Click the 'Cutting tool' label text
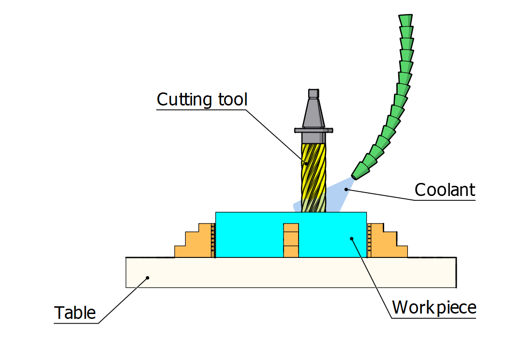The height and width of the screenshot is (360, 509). click(202, 100)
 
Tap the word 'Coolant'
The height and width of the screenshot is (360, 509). click(445, 190)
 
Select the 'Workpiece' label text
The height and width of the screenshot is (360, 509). click(434, 307)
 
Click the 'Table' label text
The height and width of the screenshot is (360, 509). click(75, 313)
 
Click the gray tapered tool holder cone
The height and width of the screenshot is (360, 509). click(314, 114)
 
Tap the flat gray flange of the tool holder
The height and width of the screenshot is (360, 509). click(314, 130)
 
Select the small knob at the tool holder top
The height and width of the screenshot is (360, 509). click(314, 93)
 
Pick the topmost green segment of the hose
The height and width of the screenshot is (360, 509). click(405, 20)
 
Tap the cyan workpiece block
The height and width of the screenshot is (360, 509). click(252, 235)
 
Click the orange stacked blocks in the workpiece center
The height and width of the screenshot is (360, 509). click(291, 240)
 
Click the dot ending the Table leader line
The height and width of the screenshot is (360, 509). click(148, 277)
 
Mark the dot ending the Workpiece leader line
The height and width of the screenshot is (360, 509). click(352, 238)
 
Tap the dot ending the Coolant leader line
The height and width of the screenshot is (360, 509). click(345, 190)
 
